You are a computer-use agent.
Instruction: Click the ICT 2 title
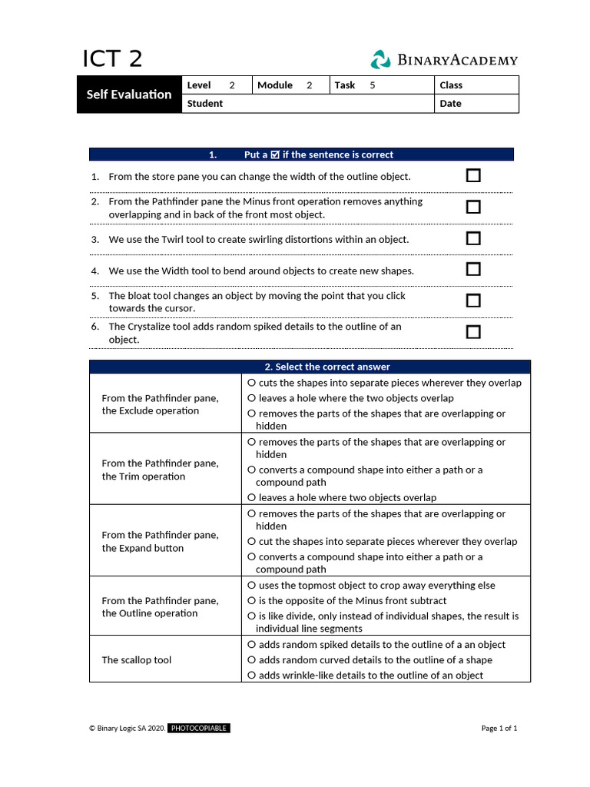pyautogui.click(x=112, y=59)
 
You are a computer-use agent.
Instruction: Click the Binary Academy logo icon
pyautogui.click(x=380, y=60)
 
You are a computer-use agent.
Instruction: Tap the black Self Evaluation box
pyautogui.click(x=129, y=95)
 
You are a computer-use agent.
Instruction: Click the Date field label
pyautogui.click(x=450, y=104)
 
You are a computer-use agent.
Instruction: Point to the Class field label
pyautogui.click(x=451, y=85)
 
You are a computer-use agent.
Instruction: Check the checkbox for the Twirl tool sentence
pyautogui.click(x=473, y=238)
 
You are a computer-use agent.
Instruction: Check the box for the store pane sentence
pyautogui.click(x=473, y=176)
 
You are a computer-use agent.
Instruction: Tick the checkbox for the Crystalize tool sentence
pyautogui.click(x=473, y=332)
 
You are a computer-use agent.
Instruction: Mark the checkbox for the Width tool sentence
pyautogui.click(x=473, y=269)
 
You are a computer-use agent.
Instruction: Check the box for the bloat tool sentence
pyautogui.click(x=473, y=301)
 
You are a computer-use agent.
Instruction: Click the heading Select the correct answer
pyautogui.click(x=310, y=367)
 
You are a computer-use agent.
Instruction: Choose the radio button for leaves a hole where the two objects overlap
pyautogui.click(x=251, y=398)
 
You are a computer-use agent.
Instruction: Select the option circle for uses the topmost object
pyautogui.click(x=251, y=586)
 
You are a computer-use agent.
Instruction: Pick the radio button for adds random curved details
pyautogui.click(x=251, y=660)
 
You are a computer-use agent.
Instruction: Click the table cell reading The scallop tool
pyautogui.click(x=137, y=660)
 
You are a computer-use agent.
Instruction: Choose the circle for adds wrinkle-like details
pyautogui.click(x=251, y=676)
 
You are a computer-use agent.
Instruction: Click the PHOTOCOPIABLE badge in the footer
pyautogui.click(x=199, y=728)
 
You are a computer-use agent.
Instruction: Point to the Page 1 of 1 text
pyautogui.click(x=499, y=728)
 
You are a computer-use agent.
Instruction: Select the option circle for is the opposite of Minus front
pyautogui.click(x=251, y=601)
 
